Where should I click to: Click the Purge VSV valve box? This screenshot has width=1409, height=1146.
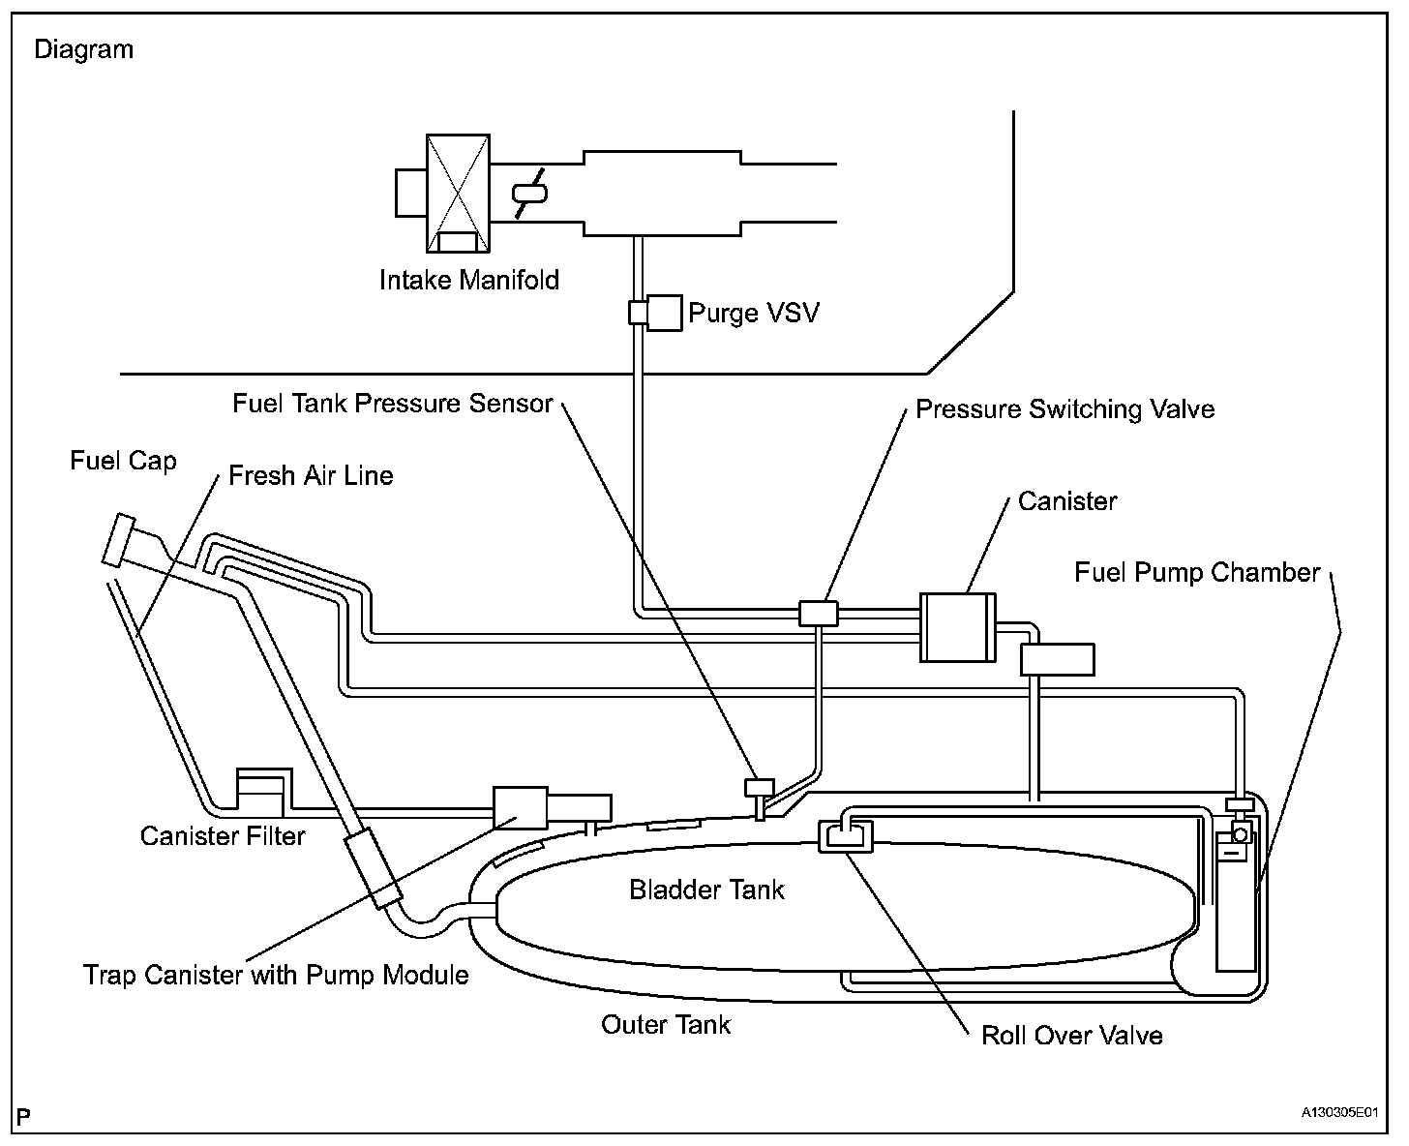click(x=663, y=312)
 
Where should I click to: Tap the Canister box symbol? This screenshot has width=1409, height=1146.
click(x=957, y=626)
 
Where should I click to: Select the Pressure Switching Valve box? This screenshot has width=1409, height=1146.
click(x=819, y=613)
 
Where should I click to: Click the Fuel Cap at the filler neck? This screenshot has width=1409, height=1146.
click(x=123, y=538)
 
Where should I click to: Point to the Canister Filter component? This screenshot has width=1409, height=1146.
click(x=262, y=791)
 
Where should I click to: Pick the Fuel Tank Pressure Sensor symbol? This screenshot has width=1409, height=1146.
click(x=758, y=788)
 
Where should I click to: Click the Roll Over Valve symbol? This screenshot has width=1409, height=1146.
click(x=846, y=836)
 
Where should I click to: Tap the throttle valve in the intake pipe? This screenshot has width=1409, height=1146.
click(x=528, y=192)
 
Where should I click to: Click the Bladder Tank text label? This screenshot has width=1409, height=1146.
click(x=706, y=890)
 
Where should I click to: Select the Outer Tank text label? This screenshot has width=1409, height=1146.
click(x=666, y=1024)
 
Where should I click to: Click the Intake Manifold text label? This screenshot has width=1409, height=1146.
click(x=469, y=281)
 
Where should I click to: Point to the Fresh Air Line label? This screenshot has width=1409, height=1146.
click(x=311, y=475)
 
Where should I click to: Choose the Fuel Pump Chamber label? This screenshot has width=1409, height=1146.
click(x=1197, y=572)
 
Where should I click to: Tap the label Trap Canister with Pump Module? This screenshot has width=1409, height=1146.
click(x=276, y=974)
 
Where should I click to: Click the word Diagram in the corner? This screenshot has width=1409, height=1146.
click(x=84, y=49)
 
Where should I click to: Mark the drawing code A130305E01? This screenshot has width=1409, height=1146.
click(x=1338, y=1114)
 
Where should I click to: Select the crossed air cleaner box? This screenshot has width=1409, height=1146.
click(x=458, y=193)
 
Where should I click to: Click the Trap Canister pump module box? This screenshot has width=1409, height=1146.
click(x=521, y=807)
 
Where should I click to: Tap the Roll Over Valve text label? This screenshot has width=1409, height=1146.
click(x=1071, y=1036)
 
